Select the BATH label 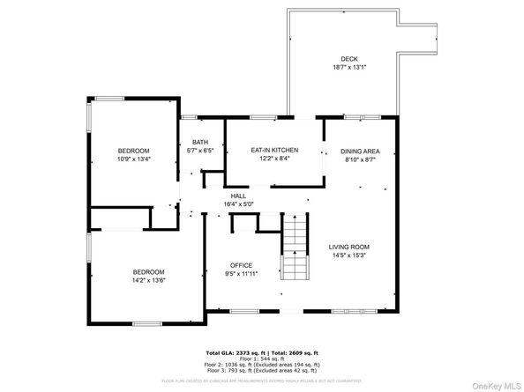[200, 143]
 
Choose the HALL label [238, 196]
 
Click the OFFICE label [242, 265]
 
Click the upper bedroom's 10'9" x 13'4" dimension [134, 159]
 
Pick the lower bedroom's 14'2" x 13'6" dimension [148, 281]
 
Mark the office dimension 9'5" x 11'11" [242, 274]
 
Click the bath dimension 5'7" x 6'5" [200, 151]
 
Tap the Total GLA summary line [262, 351]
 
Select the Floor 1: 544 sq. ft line [262, 358]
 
